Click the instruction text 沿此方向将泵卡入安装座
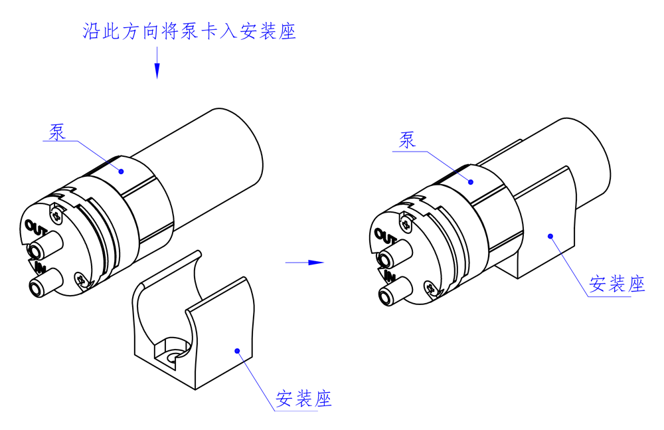[189, 31]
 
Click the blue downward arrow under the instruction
[157, 69]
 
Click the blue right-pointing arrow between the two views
[305, 263]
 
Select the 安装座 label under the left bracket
[303, 399]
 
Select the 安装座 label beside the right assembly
[618, 284]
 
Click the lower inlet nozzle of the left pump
[37, 288]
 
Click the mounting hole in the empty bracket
[172, 358]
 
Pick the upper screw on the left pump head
[56, 214]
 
